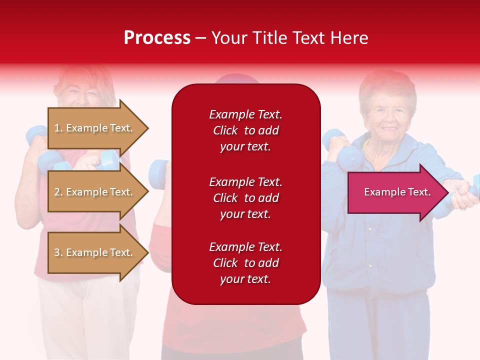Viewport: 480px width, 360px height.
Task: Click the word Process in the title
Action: click(x=157, y=38)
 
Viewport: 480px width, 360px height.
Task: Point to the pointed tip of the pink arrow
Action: click(x=447, y=192)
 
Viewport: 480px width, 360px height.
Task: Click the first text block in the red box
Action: click(x=245, y=130)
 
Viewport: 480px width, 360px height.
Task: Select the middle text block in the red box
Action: click(x=245, y=198)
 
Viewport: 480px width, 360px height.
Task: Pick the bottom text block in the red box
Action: click(x=245, y=263)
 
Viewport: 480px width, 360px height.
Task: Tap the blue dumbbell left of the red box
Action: click(x=159, y=172)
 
